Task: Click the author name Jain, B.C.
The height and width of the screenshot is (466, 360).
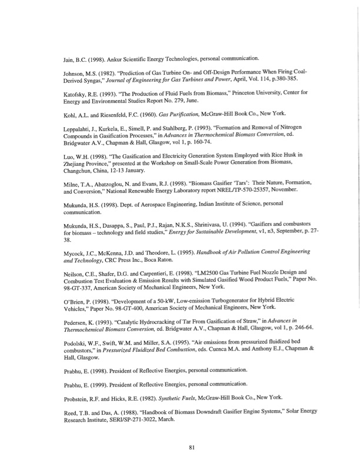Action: pos(76,59)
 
